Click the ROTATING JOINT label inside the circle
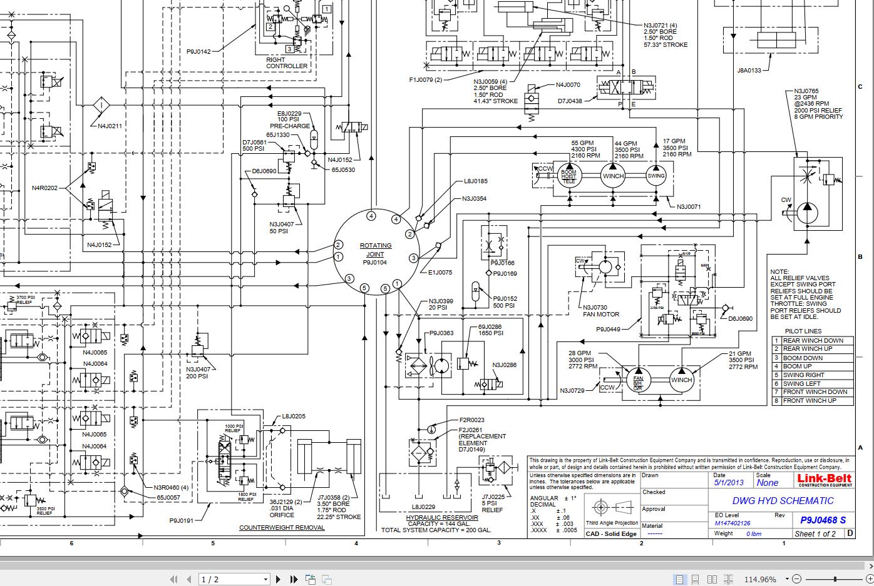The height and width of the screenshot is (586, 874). pyautogui.click(x=376, y=250)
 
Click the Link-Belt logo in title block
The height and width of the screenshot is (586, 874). pyautogui.click(x=824, y=480)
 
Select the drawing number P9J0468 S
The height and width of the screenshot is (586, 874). pyautogui.click(x=823, y=520)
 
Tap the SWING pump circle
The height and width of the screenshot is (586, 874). pyautogui.click(x=655, y=176)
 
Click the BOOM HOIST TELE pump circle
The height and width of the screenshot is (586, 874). pyautogui.click(x=568, y=176)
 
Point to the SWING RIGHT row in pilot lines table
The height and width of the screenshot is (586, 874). pyautogui.click(x=803, y=375)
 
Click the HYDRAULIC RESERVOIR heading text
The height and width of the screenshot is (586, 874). pyautogui.click(x=442, y=518)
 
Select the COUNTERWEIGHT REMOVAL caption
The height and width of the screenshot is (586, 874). pyautogui.click(x=282, y=527)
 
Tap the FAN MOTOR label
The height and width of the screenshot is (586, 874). pyautogui.click(x=600, y=315)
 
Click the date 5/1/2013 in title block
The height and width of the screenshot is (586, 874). pyautogui.click(x=729, y=483)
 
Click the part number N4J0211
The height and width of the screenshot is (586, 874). pyautogui.click(x=110, y=126)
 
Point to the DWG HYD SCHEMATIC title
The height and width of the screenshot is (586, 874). pyautogui.click(x=783, y=500)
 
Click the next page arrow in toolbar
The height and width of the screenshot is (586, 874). pyautogui.click(x=278, y=579)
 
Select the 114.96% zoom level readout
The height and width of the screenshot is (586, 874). pyautogui.click(x=759, y=579)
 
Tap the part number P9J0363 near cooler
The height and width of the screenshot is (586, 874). pyautogui.click(x=441, y=333)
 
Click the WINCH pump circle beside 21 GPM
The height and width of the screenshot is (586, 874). pyautogui.click(x=681, y=380)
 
